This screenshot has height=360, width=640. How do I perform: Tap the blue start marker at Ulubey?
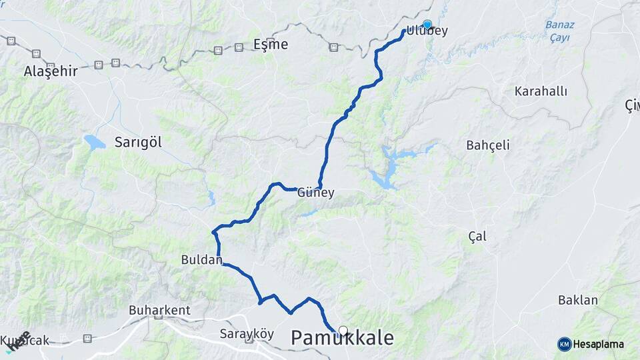[427, 24]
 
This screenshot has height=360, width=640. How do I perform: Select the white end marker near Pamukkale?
[343, 330]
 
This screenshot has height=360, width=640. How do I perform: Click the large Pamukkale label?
[342, 339]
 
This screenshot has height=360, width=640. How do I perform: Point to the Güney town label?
[315, 193]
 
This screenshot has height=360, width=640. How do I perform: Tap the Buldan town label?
[201, 260]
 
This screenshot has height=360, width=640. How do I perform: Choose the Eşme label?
[271, 45]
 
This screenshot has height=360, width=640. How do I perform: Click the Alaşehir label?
[51, 71]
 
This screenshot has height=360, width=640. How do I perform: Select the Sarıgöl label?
[138, 142]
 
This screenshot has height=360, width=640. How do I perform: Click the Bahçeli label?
[488, 145]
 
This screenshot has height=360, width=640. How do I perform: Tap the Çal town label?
[477, 236]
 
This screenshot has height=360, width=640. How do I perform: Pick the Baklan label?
[578, 300]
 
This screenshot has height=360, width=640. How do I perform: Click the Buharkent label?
[159, 310]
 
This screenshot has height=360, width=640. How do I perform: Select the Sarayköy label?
[247, 334]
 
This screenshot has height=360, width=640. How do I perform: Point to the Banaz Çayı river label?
[559, 31]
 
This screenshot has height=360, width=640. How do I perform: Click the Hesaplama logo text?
[599, 344]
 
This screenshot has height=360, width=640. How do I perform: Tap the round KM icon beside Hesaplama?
[564, 344]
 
